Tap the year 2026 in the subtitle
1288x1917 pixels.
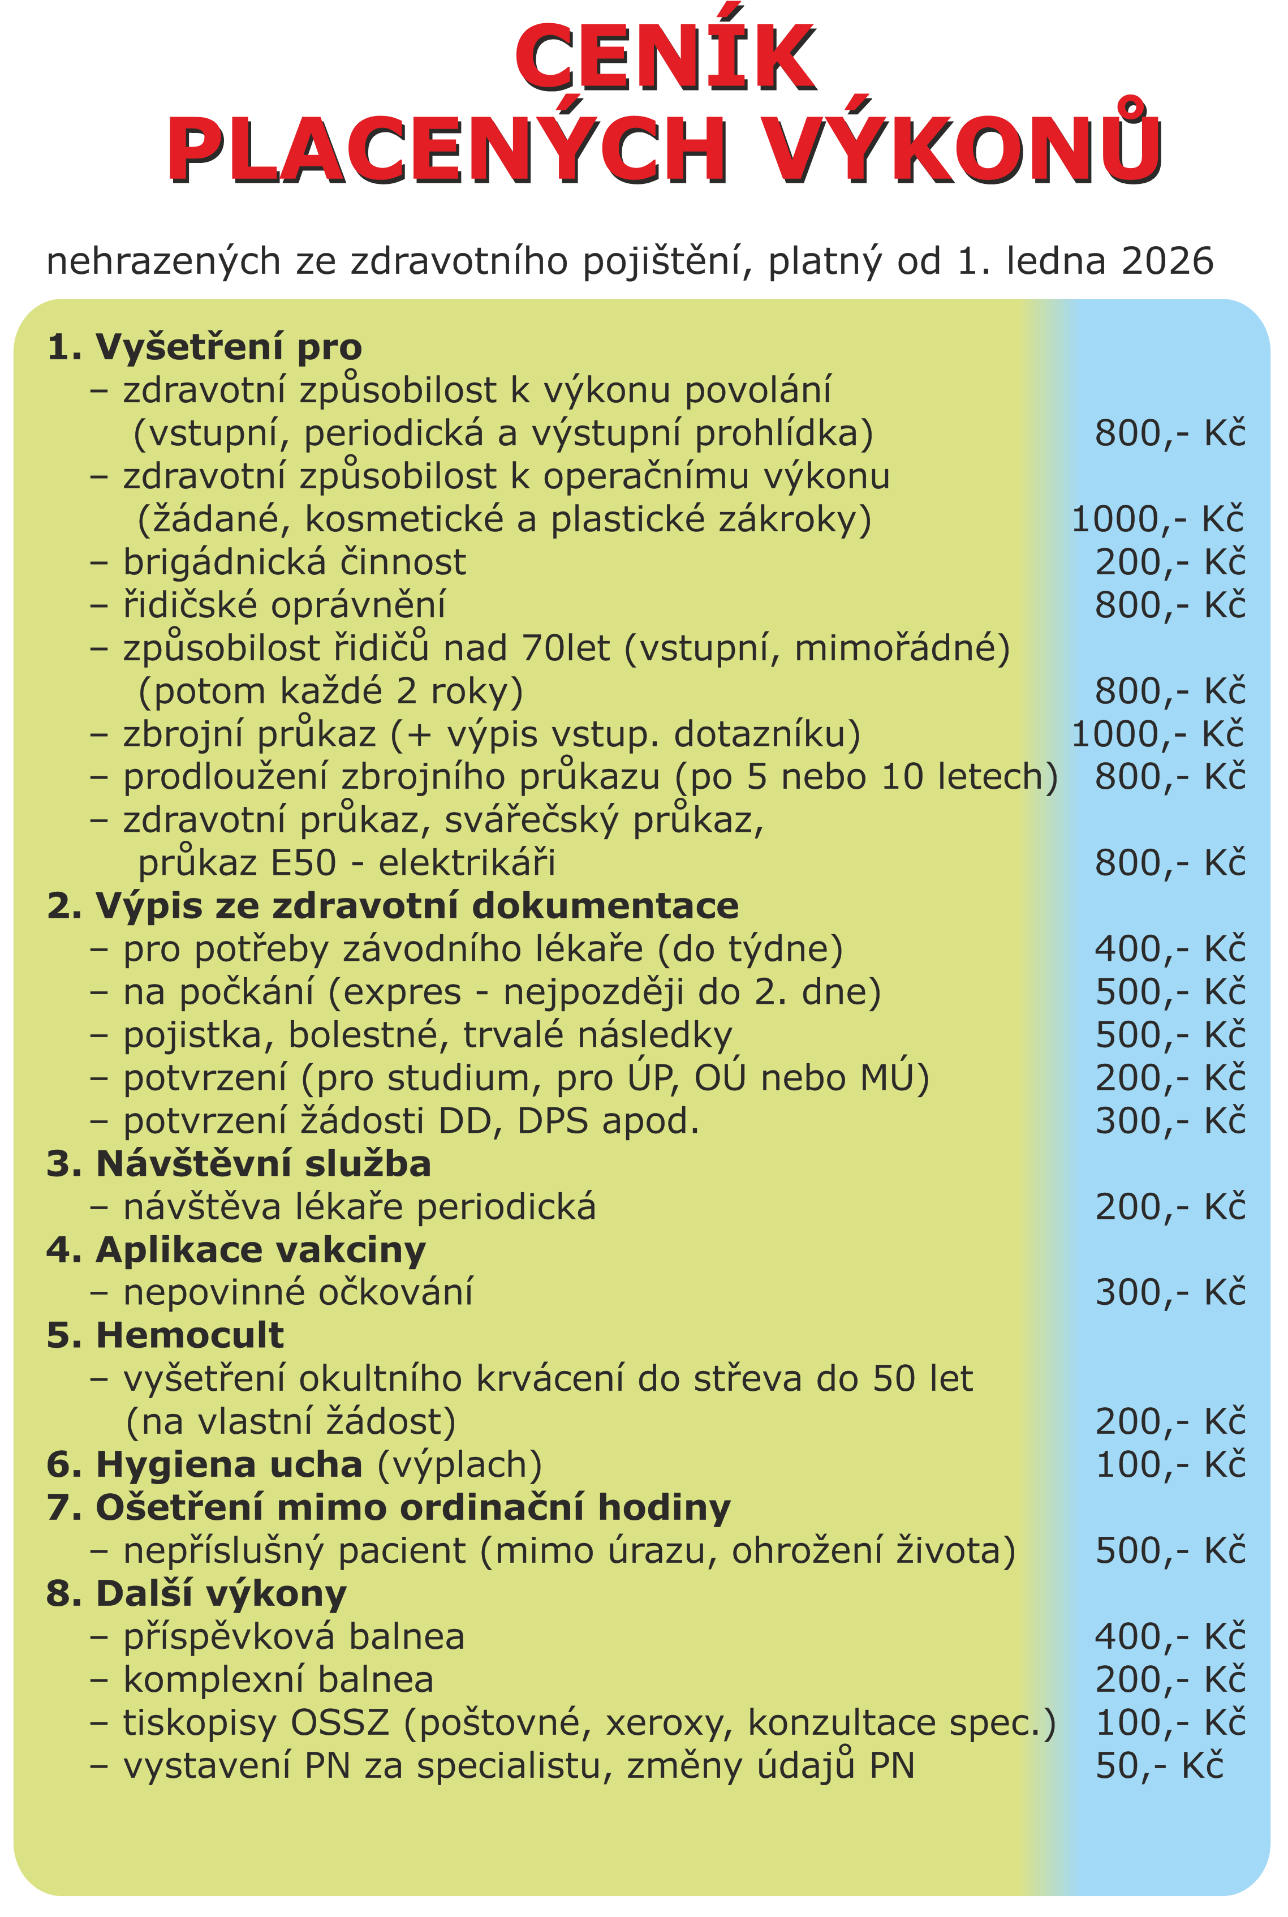point(1168,261)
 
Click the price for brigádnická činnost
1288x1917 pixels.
point(1170,562)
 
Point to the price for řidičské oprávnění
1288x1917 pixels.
point(1170,605)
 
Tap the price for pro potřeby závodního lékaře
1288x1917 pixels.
point(1170,949)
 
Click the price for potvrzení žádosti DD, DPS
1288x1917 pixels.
point(1170,1121)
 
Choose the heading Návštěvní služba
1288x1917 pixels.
point(238,1163)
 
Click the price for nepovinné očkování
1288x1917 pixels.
point(1170,1292)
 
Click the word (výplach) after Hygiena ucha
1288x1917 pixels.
point(459,1464)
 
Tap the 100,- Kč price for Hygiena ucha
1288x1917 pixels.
point(1170,1464)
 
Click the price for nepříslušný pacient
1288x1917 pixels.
point(1170,1550)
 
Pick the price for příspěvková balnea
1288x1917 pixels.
point(1170,1637)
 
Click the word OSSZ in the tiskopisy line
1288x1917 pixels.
point(339,1723)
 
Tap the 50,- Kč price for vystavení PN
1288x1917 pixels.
point(1159,1766)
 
